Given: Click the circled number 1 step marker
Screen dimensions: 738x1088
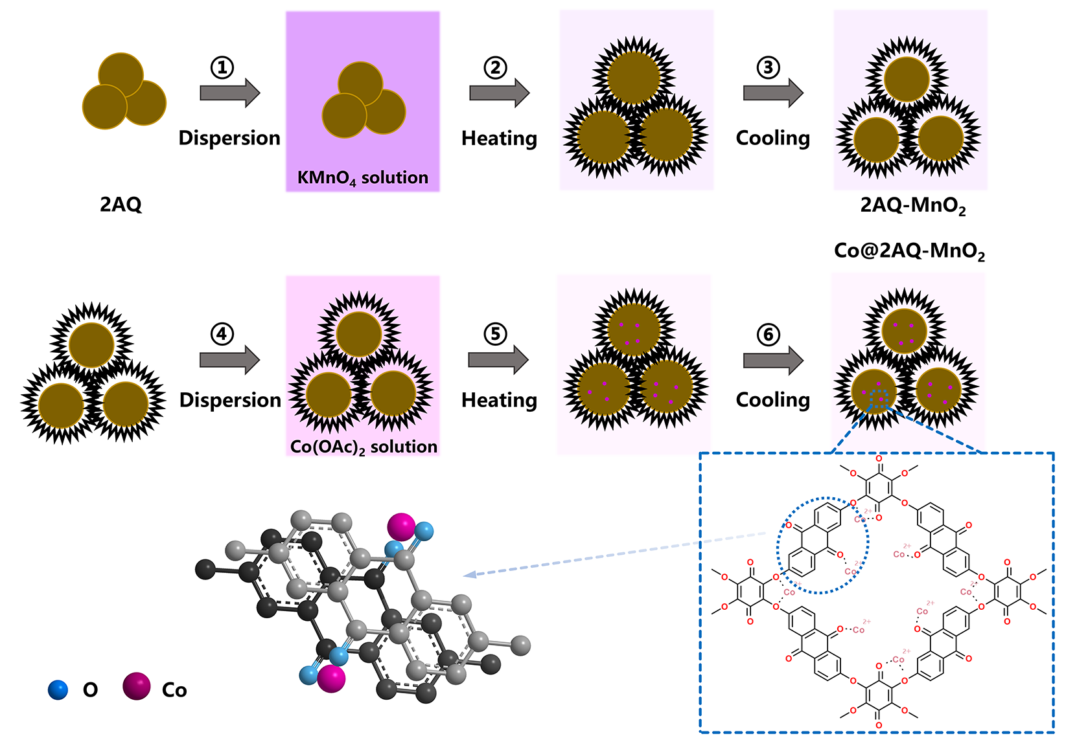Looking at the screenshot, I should pos(222,67).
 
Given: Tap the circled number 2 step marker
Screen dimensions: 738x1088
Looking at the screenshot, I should pos(496,67).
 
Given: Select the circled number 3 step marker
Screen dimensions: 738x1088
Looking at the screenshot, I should pos(769,67).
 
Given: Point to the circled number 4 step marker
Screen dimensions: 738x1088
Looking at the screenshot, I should pos(222,334).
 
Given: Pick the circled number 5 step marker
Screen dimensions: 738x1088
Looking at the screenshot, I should pos(496,334).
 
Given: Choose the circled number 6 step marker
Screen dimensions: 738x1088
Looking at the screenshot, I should pos(769,334).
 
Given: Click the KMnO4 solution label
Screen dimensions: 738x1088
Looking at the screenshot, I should pos(363,178).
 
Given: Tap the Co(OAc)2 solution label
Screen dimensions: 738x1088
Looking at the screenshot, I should pos(364,447).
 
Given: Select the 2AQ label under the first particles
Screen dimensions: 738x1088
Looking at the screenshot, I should pos(121,205).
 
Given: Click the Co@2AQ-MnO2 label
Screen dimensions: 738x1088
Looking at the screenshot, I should pos(909,251).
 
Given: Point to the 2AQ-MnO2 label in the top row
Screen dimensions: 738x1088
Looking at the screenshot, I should pos(912,205).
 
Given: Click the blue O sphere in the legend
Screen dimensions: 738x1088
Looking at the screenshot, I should pos(58,690).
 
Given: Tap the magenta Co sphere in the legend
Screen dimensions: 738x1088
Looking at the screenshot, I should pos(137,687).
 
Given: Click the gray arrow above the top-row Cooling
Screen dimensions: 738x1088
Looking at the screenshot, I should pos(773,93).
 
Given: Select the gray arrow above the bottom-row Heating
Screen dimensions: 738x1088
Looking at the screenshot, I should pos(498,359).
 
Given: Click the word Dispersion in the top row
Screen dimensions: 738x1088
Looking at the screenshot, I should pos(229,138).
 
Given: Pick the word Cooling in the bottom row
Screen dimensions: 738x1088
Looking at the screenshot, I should pos(773,400).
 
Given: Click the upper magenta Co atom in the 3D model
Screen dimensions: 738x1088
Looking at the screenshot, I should pos(401,526).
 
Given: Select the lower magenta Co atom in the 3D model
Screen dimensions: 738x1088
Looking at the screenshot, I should pos(332,678).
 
